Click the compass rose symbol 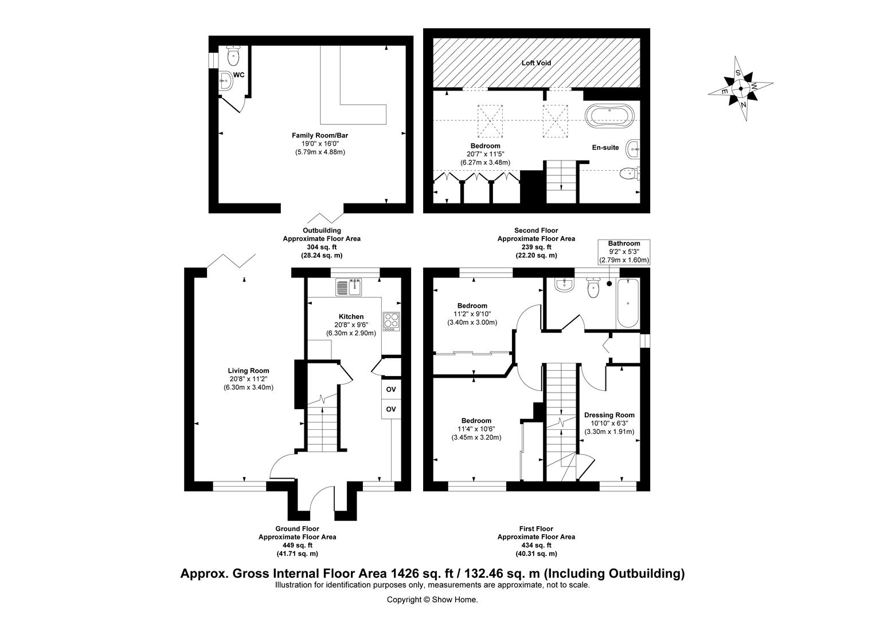click(x=740, y=88)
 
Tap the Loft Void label click(x=536, y=63)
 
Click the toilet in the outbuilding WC click(x=233, y=56)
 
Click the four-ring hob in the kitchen click(x=391, y=321)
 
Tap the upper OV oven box click(x=391, y=390)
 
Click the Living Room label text click(x=248, y=371)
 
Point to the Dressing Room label click(x=609, y=415)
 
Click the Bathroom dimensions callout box click(x=624, y=252)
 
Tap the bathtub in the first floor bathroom click(x=628, y=302)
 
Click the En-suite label click(x=605, y=148)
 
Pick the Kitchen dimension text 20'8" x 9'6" click(x=351, y=325)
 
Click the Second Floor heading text click(x=535, y=230)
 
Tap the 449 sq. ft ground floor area click(x=297, y=545)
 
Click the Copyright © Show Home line click(x=432, y=600)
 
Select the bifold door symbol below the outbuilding click(x=325, y=218)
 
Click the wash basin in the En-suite click(x=633, y=148)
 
